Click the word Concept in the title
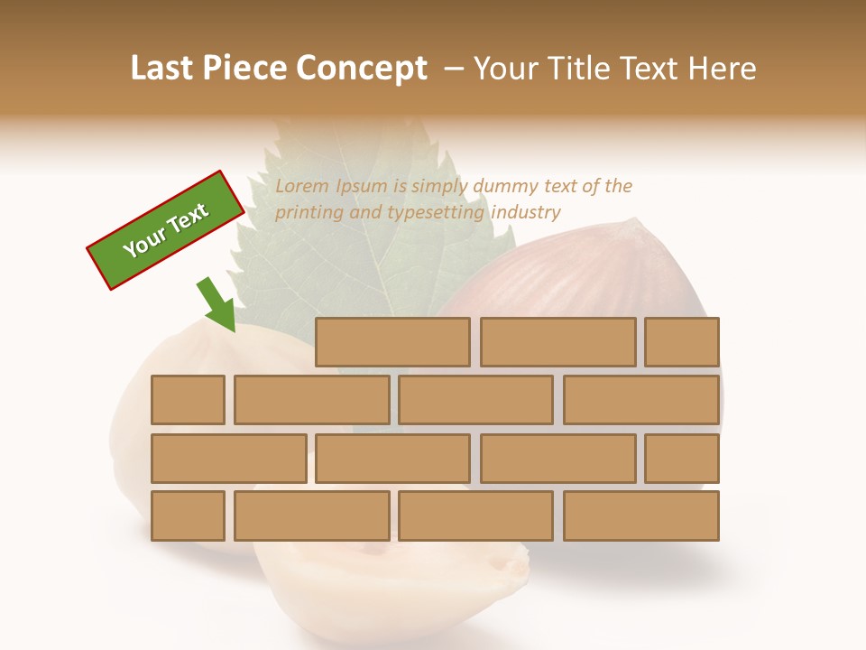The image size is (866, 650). [x=361, y=69]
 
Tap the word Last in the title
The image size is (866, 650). [x=164, y=69]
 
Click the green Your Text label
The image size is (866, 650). [x=166, y=230]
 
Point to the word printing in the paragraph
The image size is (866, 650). [x=307, y=213]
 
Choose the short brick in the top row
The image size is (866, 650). [x=682, y=342]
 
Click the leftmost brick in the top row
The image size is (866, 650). [x=392, y=342]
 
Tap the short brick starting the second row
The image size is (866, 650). [x=188, y=400]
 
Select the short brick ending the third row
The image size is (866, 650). [x=682, y=459]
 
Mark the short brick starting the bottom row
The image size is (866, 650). [x=188, y=516]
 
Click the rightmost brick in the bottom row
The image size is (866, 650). [x=641, y=516]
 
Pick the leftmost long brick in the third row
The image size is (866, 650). [x=228, y=459]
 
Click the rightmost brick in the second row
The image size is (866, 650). [x=641, y=400]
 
